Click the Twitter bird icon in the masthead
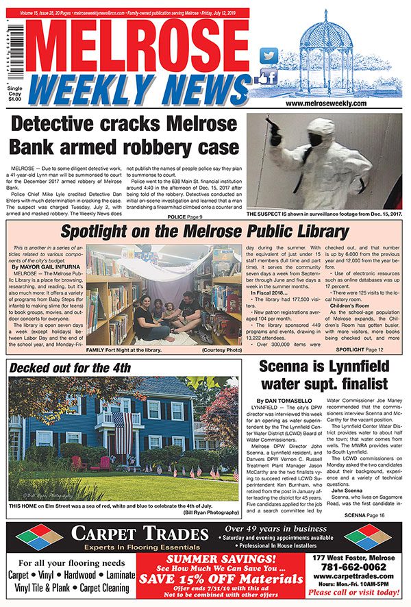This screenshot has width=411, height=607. [x=270, y=55]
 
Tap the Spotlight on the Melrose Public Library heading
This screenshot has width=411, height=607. [x=203, y=232]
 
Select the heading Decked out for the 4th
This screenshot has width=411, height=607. [x=70, y=368]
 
